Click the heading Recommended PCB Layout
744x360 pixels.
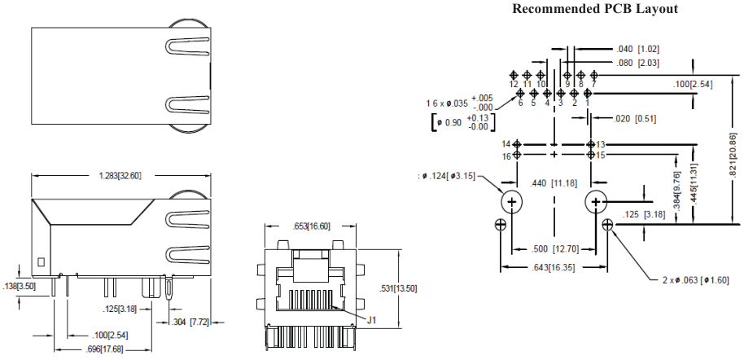click(594, 9)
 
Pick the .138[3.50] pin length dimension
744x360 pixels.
click(20, 287)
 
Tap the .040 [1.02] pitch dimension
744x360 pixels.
click(637, 49)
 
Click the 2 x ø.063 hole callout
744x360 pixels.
click(694, 281)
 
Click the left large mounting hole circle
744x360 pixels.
click(512, 202)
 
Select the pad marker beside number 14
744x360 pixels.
click(516, 144)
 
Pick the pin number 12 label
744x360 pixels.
click(514, 84)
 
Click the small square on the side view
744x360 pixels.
click(41, 262)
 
